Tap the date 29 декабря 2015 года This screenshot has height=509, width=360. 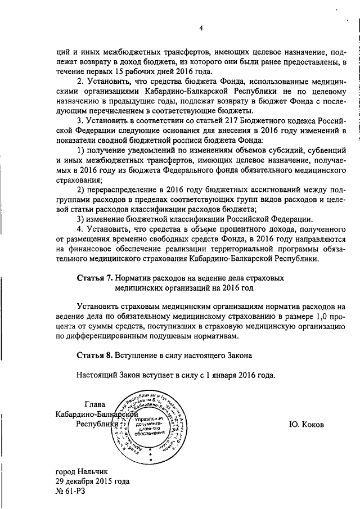click(92, 482)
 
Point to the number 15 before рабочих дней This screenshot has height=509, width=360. click(112, 71)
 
